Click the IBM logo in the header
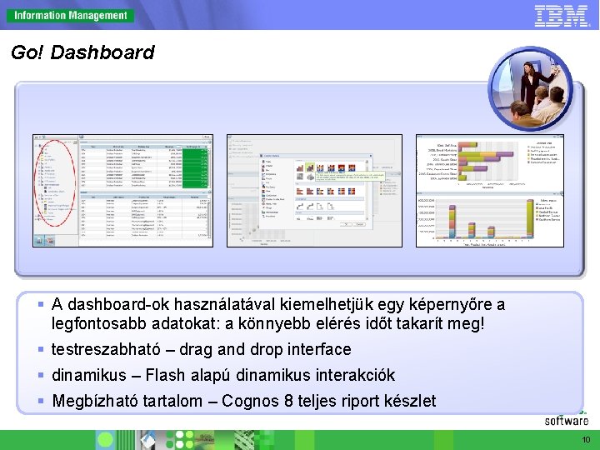[561, 15]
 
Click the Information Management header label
[71, 15]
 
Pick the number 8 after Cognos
[289, 401]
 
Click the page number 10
[586, 440]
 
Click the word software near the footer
[567, 421]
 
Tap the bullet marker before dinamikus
[41, 375]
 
